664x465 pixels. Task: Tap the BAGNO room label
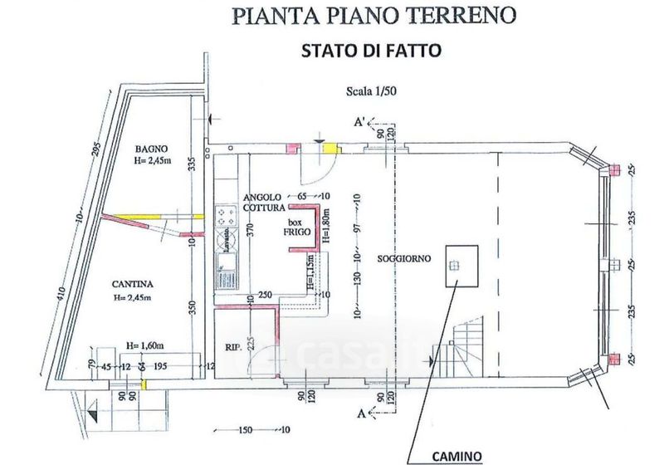[x=153, y=150]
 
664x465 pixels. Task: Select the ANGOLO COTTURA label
[x=265, y=202]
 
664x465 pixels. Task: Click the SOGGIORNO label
[x=403, y=259]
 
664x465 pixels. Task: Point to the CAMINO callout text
[x=456, y=456]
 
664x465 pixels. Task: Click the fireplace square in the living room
[x=461, y=266]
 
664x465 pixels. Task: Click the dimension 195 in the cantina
[x=162, y=367]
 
